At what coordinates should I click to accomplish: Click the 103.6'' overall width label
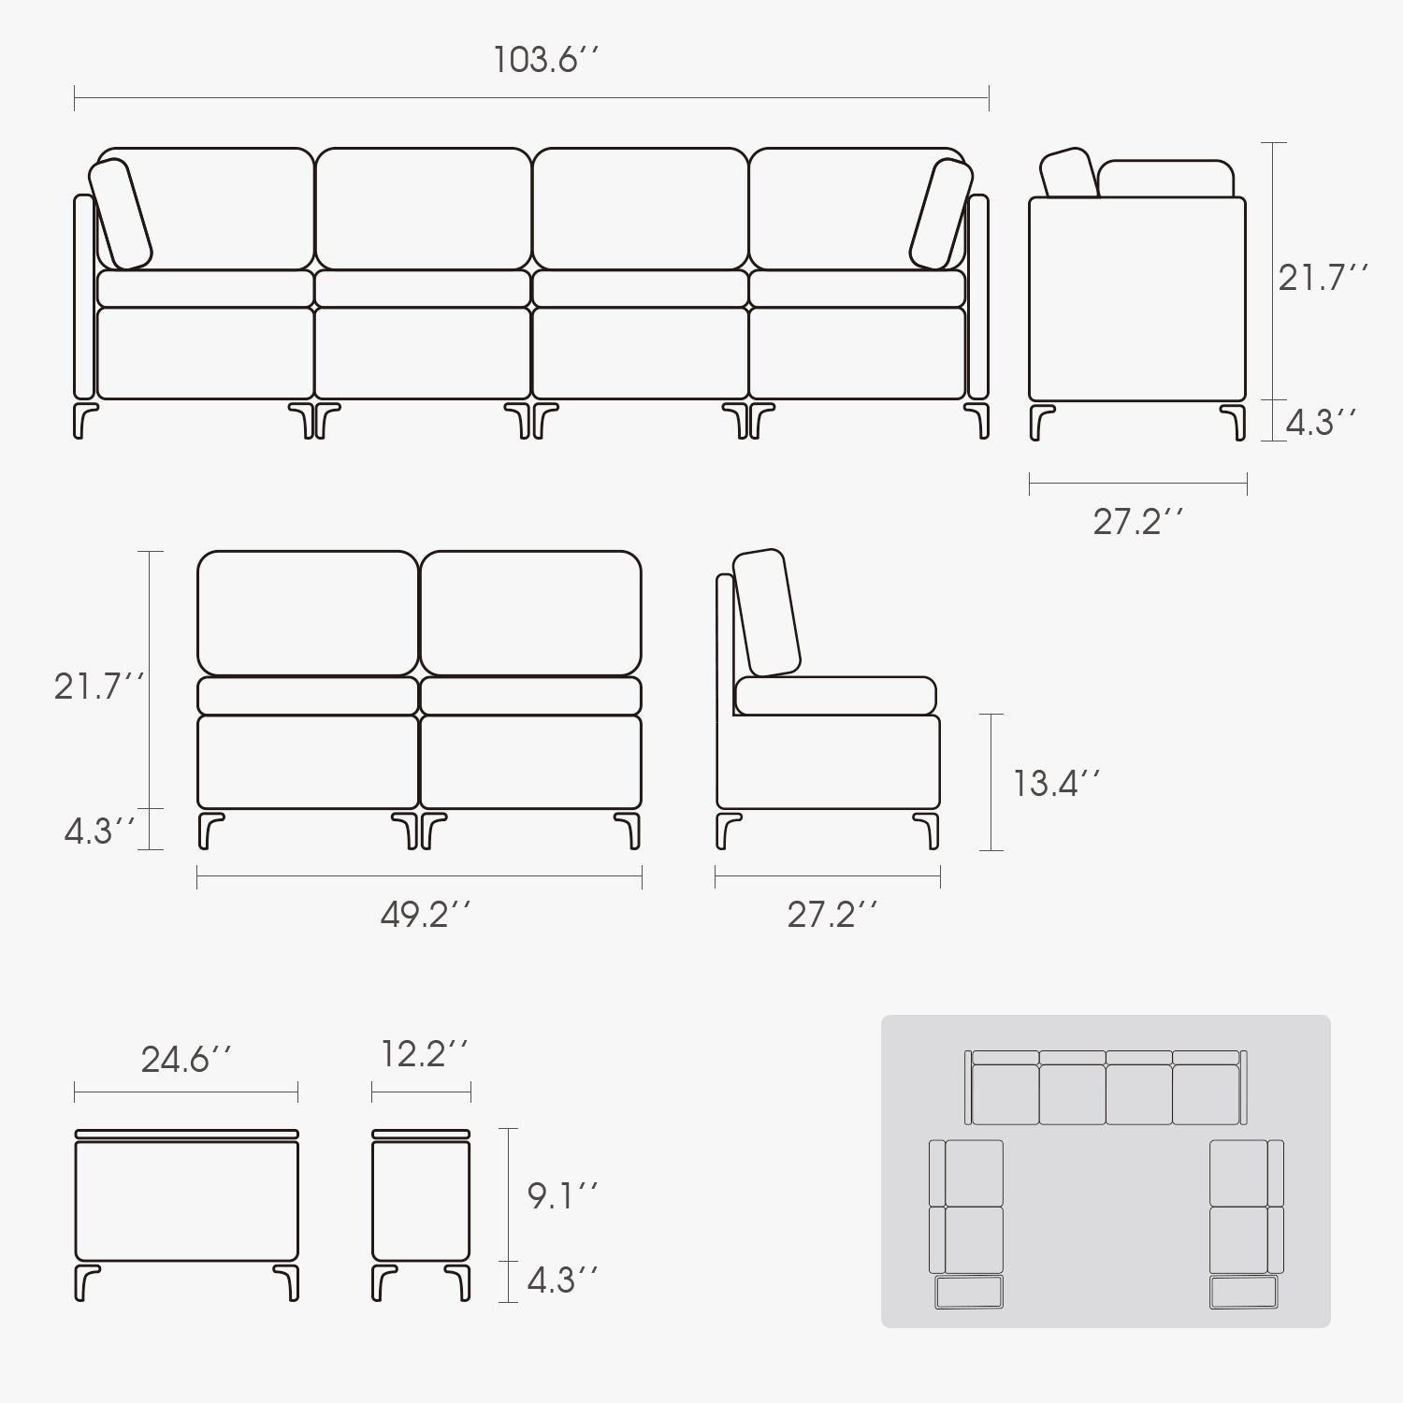pos(545,61)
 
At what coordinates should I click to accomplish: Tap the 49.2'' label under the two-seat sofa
pos(425,915)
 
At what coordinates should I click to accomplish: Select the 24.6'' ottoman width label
pos(186,1060)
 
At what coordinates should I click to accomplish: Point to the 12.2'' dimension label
pos(424,1053)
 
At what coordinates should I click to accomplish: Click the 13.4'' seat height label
pos(1056,783)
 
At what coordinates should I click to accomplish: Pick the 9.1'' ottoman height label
pos(562,1195)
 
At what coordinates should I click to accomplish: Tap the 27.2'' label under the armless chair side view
pos(832,915)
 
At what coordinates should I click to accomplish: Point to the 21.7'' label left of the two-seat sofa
pos(98,687)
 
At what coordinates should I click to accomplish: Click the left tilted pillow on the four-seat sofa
pos(121,214)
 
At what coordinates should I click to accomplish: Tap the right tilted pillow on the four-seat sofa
pos(942,214)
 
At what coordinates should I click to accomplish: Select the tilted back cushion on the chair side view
pos(767,613)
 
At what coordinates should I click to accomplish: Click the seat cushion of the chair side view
pos(835,696)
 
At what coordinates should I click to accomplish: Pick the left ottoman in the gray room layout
pos(969,1292)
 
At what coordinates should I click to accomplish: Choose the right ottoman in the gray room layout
pos(1243,1292)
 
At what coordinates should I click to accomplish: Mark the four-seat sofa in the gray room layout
pos(1106,1087)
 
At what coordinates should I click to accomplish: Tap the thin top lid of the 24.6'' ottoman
pos(186,1135)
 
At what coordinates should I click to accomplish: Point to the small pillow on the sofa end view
pos(1070,173)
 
